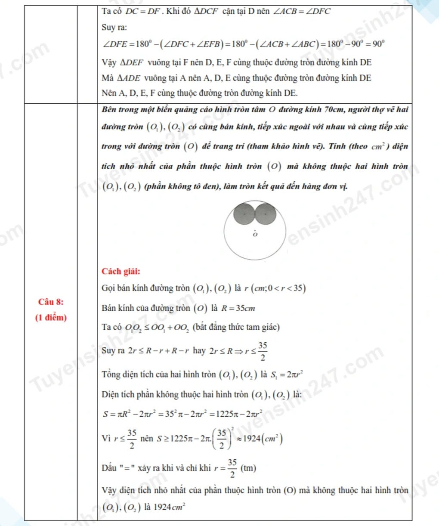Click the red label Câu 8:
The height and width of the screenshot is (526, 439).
[x=51, y=302]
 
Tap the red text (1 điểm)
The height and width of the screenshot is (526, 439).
[x=51, y=318]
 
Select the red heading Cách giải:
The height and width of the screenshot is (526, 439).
[x=121, y=271]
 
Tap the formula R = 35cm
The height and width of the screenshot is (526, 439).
[x=238, y=308]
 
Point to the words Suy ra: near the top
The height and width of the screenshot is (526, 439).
[x=114, y=28]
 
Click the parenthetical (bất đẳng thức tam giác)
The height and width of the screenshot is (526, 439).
[x=236, y=327]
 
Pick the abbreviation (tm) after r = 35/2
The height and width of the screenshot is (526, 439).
[x=248, y=468]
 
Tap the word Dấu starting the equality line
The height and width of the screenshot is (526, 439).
[x=109, y=468]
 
